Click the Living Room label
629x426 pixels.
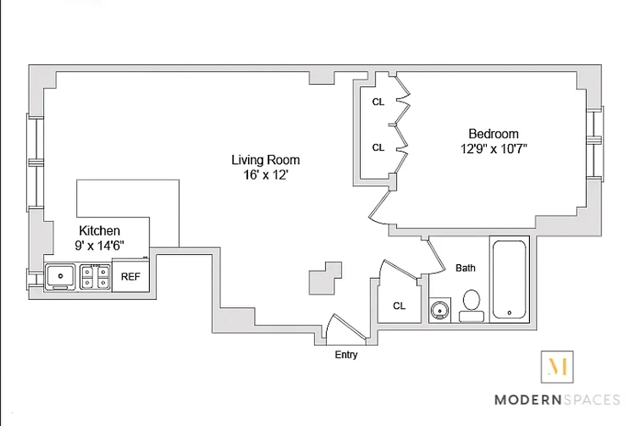265,160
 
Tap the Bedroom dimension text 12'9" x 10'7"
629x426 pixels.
493,149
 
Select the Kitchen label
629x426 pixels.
100,231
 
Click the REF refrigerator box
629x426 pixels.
131,276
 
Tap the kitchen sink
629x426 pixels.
60,276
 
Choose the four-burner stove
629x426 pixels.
95,276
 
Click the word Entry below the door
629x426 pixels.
346,355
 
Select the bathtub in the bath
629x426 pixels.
509,280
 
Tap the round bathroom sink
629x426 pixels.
440,310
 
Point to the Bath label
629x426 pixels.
465,268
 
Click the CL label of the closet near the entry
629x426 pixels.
399,306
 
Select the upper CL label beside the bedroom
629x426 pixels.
378,102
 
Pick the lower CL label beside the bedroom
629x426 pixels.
378,148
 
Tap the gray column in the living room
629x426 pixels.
324,278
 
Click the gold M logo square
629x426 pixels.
557,367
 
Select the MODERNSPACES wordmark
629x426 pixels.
557,399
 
